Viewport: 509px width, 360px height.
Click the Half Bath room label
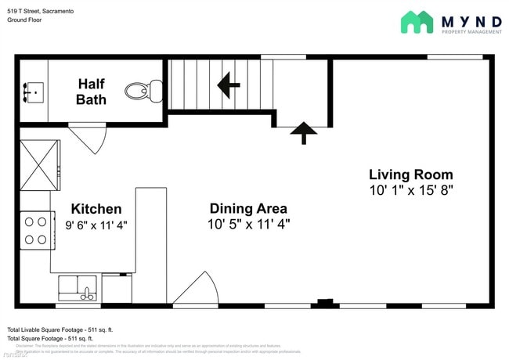[x=91, y=91]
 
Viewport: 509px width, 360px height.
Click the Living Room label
[x=410, y=175]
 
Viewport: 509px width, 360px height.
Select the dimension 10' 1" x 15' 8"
[x=410, y=190]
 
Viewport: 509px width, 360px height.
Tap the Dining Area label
[x=247, y=208]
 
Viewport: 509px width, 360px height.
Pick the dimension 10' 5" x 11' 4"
[x=247, y=225]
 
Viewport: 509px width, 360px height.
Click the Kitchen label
[x=96, y=209]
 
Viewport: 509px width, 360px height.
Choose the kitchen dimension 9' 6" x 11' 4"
[x=96, y=225]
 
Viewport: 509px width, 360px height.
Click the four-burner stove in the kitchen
[x=34, y=230]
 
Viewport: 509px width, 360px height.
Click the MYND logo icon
[x=417, y=22]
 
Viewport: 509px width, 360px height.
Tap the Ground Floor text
[x=24, y=20]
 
